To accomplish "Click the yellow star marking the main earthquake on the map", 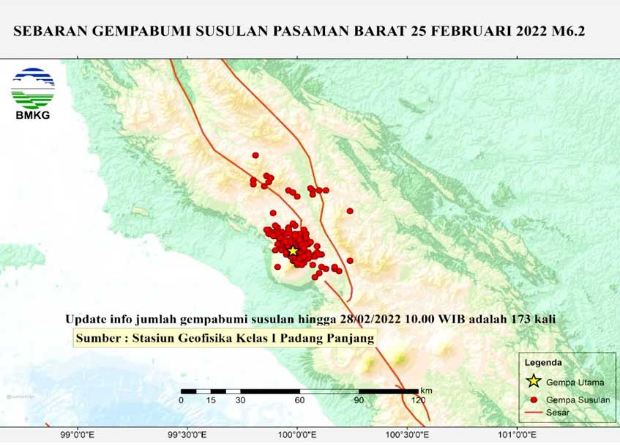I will click(x=293, y=251).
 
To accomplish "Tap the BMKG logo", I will click(x=33, y=93).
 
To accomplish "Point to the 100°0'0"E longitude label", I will click(x=296, y=435).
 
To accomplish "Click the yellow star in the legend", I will click(x=534, y=380).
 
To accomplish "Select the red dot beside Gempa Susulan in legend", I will click(x=534, y=400).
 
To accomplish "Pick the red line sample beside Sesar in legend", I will click(x=534, y=413).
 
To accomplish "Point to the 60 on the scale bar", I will click(x=299, y=400).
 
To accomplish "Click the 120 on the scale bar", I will click(x=418, y=400).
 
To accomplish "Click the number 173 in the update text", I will click(x=522, y=320).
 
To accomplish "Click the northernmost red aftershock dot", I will click(x=255, y=155).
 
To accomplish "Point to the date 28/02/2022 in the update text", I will click(x=372, y=320).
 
